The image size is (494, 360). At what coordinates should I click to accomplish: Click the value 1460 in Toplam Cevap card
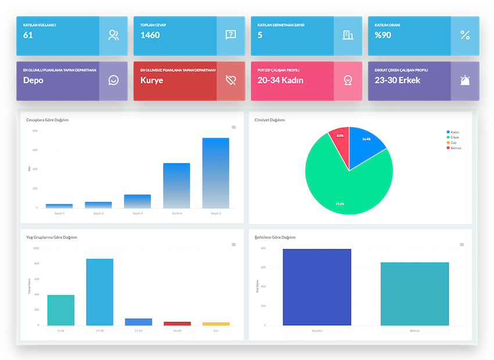coord(150,35)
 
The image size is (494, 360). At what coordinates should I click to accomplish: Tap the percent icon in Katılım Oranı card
coord(465,35)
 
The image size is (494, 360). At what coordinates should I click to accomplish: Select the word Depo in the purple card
coord(33,80)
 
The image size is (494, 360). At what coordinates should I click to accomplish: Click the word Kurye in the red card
coord(152,80)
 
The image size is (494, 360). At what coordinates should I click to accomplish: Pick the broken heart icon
coord(231,80)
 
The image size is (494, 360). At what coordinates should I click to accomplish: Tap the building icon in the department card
coord(348,35)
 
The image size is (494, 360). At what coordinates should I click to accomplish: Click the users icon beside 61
coord(113,35)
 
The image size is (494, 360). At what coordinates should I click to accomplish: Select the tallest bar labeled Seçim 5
coord(216,173)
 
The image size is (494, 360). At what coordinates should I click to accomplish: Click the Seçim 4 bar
coord(176,186)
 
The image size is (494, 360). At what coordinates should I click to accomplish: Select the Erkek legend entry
coord(454,138)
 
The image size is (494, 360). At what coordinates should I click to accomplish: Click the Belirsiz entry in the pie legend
coord(456,148)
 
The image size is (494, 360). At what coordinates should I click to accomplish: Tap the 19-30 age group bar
coord(99,292)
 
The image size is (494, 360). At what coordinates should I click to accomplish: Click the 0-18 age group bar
coord(61,310)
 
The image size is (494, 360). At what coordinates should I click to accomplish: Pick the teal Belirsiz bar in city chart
coord(414,294)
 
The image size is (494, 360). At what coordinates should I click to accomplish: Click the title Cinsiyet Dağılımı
coord(270,120)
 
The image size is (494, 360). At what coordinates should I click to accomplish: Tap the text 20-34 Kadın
coord(280,80)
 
